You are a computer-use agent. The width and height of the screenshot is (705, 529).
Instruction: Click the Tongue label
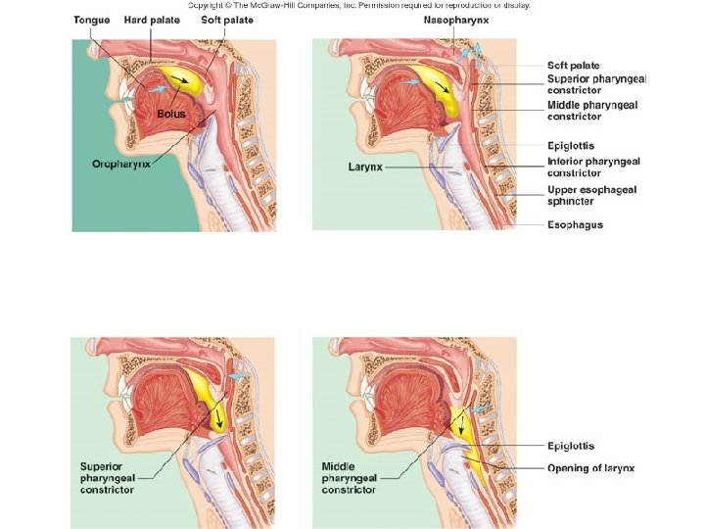coord(91,20)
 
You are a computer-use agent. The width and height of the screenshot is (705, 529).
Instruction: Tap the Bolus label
coord(170,115)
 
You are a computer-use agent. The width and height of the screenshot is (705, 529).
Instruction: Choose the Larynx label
coord(364,167)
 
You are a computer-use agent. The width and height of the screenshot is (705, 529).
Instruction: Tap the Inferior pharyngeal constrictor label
coord(594,167)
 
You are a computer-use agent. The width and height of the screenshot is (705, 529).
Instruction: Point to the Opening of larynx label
coord(590,468)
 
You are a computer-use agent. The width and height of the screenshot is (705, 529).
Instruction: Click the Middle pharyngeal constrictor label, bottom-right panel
coord(349,478)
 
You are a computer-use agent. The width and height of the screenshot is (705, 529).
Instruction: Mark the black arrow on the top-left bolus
coord(178,77)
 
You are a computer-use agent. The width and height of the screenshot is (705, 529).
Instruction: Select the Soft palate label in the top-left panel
coord(226,20)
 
